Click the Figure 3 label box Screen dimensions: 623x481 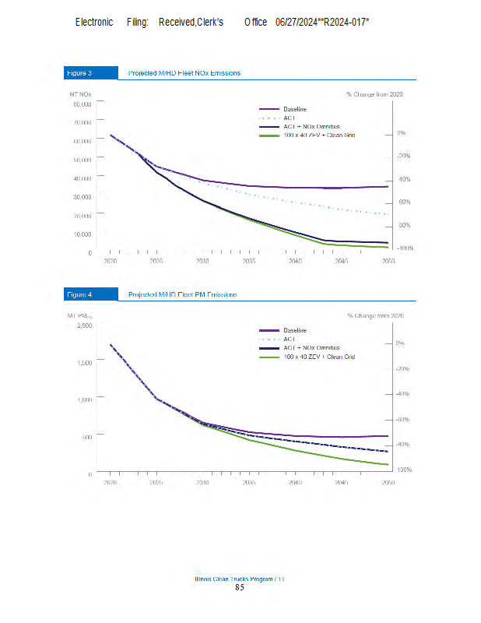[79, 73]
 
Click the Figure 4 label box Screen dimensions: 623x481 [79, 294]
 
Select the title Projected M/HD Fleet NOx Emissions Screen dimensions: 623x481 [184, 73]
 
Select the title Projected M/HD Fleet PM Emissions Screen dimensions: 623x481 [183, 294]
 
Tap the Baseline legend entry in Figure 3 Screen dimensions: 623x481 [294, 109]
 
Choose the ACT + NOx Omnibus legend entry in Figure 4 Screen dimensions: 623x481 [311, 347]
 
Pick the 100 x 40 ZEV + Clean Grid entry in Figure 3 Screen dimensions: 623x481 [319, 136]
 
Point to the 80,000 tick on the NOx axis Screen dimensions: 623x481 [83, 104]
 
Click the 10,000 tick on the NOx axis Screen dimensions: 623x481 [83, 234]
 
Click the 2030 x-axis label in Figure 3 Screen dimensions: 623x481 [202, 262]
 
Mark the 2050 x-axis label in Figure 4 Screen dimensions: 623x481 [388, 483]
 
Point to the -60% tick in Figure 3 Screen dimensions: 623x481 [404, 202]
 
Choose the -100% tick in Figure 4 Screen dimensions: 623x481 [404, 470]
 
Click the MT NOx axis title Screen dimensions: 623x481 [79, 93]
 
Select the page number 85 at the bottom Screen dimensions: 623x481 [240, 588]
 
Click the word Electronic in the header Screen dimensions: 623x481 [94, 22]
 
